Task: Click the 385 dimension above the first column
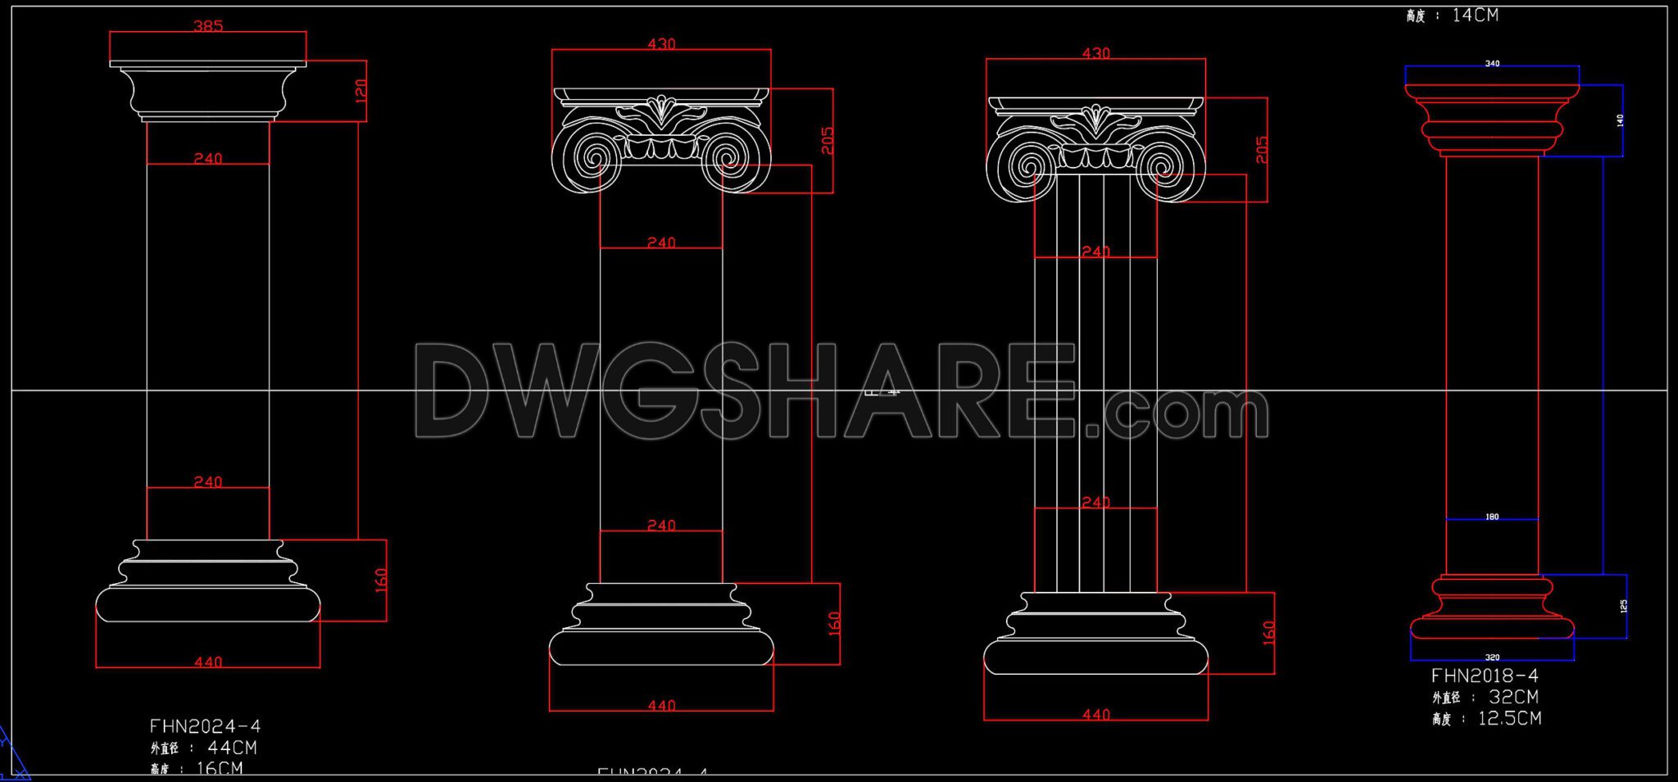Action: (208, 26)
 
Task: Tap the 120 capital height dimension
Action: (361, 90)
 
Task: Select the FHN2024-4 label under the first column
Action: (205, 726)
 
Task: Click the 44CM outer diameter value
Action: (232, 748)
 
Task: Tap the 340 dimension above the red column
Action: (1492, 64)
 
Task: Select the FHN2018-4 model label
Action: (1485, 676)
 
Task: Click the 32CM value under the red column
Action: (1513, 697)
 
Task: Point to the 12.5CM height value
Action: (1509, 718)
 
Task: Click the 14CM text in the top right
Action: (1475, 15)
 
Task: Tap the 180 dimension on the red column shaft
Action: (1492, 517)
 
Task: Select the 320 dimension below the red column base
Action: (1492, 658)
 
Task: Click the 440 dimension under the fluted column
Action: (1095, 715)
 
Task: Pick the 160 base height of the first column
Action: (381, 581)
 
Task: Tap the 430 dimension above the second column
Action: (661, 44)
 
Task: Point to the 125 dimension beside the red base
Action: (1623, 606)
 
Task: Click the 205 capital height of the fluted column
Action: (1262, 149)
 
